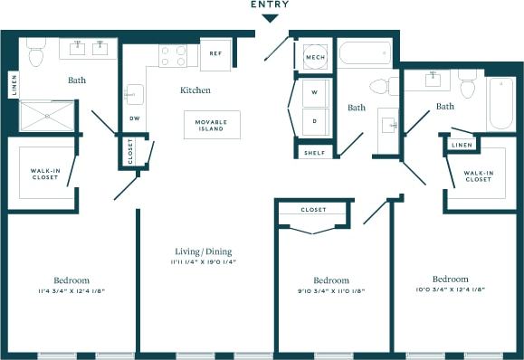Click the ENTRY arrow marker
pyautogui.click(x=271, y=17)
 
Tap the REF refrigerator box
pyautogui.click(x=215, y=53)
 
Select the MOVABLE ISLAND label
pyautogui.click(x=212, y=125)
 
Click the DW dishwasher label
pyautogui.click(x=134, y=118)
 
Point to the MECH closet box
pyautogui.click(x=315, y=57)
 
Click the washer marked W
pyautogui.click(x=315, y=93)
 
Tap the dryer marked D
pyautogui.click(x=315, y=119)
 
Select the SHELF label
pyautogui.click(x=315, y=153)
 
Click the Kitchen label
pyautogui.click(x=195, y=90)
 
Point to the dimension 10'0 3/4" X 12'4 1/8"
pyautogui.click(x=450, y=290)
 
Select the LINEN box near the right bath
pyautogui.click(x=462, y=145)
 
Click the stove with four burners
pyautogui.click(x=173, y=56)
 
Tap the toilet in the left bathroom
pyautogui.click(x=36, y=55)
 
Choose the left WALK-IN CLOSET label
pyautogui.click(x=45, y=174)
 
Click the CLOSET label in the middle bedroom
pyautogui.click(x=313, y=210)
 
